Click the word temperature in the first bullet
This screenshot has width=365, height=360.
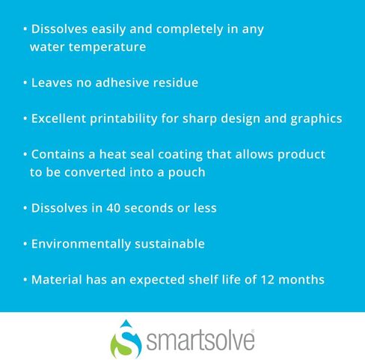[108, 47]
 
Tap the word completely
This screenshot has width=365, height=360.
[189, 29]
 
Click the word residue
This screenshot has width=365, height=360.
[176, 82]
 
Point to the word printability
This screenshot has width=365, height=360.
[123, 119]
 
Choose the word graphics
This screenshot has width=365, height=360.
[316, 119]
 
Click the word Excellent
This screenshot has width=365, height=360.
[58, 118]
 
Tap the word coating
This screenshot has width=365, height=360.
[180, 155]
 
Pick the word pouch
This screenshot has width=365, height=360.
[187, 173]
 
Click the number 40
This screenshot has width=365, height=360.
[114, 208]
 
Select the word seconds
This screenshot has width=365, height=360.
[149, 208]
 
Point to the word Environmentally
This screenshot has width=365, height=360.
[81, 244]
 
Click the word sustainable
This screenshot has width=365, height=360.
[170, 244]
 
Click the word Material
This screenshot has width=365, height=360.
[57, 280]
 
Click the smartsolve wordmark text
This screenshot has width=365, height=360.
[200, 340]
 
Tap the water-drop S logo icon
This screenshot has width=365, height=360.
[126, 340]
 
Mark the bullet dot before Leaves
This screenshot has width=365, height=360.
[25, 82]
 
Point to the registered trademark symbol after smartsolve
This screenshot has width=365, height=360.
[253, 331]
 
